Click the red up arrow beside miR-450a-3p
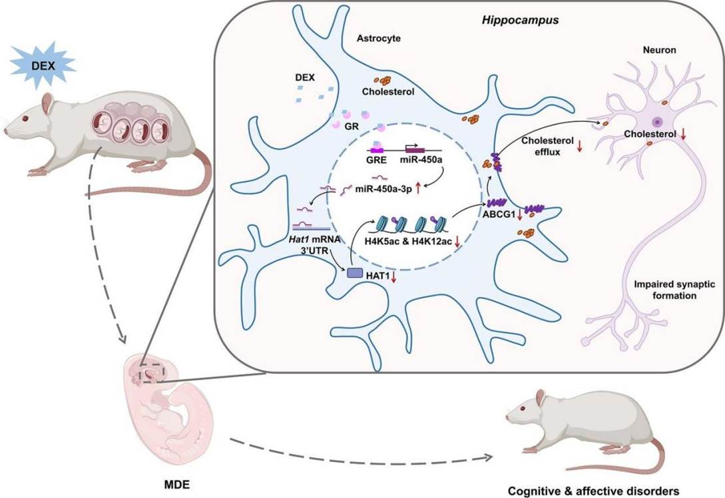coord(417,190)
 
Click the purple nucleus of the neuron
coord(657,123)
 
